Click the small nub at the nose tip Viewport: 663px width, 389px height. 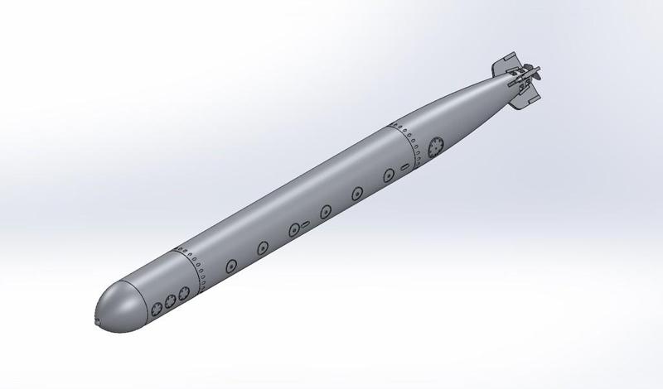(98, 320)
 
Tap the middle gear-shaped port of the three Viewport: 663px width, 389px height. (170, 300)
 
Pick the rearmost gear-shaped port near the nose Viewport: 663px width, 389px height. (183, 291)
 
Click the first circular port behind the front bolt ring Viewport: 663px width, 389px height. (230, 266)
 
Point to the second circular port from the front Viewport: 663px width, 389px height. (263, 246)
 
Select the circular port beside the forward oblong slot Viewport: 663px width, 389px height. (293, 228)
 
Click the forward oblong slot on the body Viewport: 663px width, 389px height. (305, 223)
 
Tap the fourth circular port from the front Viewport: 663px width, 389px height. (326, 209)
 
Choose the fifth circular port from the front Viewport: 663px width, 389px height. (356, 192)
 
